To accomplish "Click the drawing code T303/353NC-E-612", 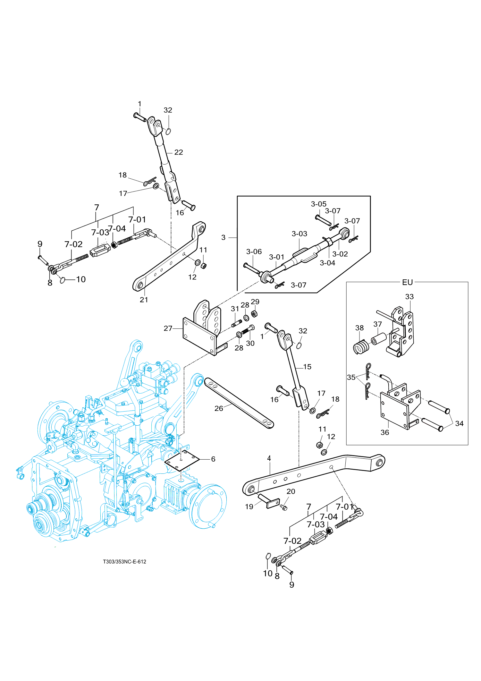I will click(x=124, y=562).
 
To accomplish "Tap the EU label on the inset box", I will click(x=407, y=282).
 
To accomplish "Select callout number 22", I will click(x=179, y=152).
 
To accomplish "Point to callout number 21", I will click(x=144, y=300).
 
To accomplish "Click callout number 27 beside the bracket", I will click(x=168, y=328).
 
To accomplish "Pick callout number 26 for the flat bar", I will click(x=219, y=408).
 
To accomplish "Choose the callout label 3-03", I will click(x=299, y=234).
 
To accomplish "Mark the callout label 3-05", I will click(x=318, y=204).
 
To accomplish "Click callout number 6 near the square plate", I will click(x=213, y=459).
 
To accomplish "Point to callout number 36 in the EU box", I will click(x=385, y=432).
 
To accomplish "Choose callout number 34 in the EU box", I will click(x=459, y=423).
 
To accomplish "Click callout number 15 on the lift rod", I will click(x=307, y=367).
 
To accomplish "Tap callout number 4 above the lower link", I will click(x=269, y=458).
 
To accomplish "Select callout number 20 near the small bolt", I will click(x=291, y=491).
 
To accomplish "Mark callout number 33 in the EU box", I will click(x=409, y=297).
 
